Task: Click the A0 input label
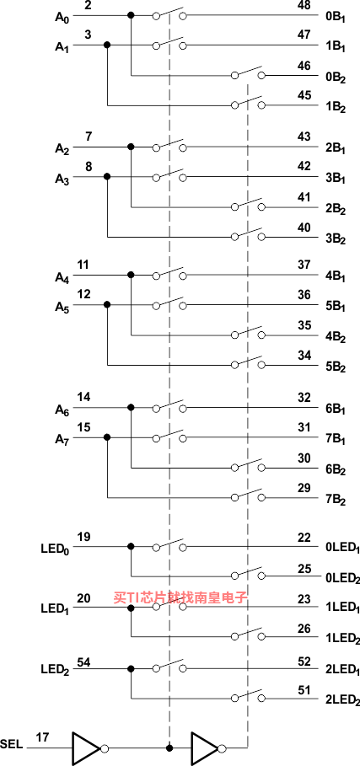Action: point(62,18)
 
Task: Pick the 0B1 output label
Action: point(336,18)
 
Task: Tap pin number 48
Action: point(304,6)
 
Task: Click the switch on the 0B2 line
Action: point(248,73)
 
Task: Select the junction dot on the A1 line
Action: point(107,45)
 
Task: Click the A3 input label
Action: point(62,179)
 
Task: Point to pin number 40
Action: point(304,228)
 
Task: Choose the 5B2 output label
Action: point(336,367)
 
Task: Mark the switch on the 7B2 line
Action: point(248,495)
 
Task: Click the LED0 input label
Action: point(55,549)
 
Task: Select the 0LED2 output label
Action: point(342,578)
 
